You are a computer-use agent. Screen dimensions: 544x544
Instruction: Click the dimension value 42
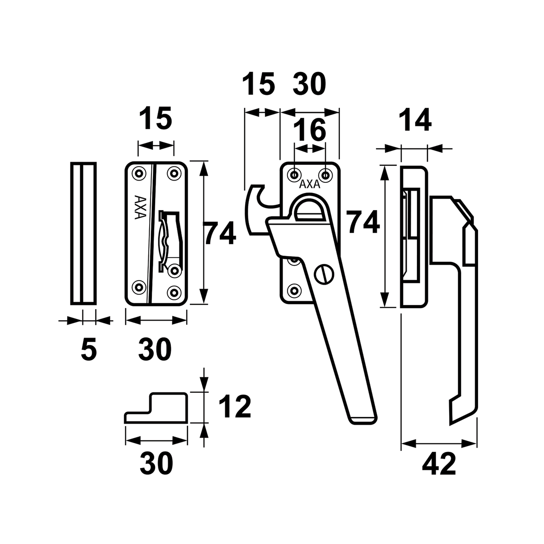point(439,464)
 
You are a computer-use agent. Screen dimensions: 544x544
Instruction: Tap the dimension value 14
point(415,119)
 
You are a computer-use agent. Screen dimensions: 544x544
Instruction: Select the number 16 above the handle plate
point(310,130)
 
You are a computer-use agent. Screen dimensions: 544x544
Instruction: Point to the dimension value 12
point(235,406)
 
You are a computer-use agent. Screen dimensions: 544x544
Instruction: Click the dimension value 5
point(88,349)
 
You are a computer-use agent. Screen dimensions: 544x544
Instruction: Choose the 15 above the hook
point(258,84)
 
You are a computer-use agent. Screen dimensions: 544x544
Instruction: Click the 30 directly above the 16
point(310,84)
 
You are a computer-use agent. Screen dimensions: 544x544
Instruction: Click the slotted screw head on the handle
point(324,274)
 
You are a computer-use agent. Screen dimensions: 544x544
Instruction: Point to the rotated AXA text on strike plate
point(140,207)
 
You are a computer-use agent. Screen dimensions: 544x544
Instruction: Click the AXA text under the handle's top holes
point(310,185)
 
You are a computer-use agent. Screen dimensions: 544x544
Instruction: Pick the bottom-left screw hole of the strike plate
point(140,287)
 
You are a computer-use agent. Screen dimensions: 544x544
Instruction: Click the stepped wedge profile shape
point(156,408)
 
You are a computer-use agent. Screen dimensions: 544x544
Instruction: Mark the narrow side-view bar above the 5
point(83,233)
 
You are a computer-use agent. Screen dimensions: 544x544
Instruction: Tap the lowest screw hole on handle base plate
point(294,289)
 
